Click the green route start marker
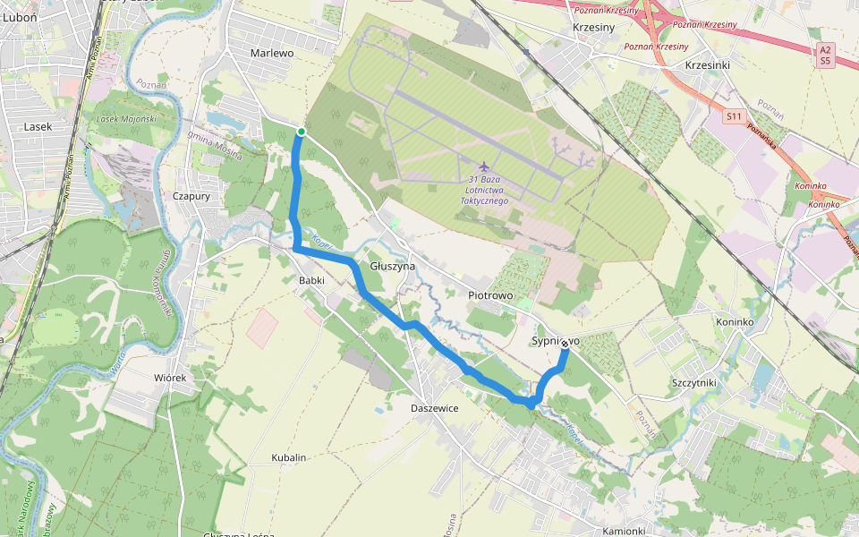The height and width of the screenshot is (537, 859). (302, 132)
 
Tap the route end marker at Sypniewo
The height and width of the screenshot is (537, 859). (566, 351)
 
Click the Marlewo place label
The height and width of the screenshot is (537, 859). (272, 53)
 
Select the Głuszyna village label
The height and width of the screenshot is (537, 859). (393, 267)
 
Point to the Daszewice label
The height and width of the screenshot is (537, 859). (434, 408)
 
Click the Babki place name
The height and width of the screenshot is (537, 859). (310, 280)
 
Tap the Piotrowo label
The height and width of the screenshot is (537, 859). (489, 294)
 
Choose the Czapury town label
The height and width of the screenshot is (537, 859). (192, 196)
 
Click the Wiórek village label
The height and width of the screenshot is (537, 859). (169, 379)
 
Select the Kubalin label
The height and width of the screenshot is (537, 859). (288, 457)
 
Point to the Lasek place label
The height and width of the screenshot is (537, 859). (38, 127)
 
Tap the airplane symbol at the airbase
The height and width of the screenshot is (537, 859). (484, 166)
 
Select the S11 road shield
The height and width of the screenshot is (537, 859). (735, 116)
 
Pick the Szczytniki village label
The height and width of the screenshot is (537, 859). (693, 382)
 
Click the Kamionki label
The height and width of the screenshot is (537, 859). (624, 531)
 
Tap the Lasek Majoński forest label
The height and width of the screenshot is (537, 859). (125, 118)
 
